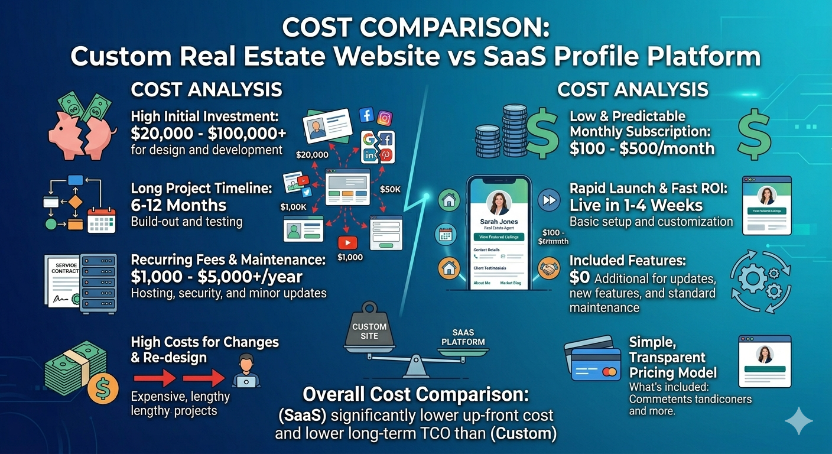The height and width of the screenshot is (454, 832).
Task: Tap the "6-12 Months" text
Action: click(178, 205)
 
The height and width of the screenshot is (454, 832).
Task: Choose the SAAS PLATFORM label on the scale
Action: click(463, 338)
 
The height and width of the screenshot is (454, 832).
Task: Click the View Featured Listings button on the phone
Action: click(499, 237)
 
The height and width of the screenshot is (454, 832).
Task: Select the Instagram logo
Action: click(385, 118)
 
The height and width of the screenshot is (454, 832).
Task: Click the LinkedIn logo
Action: click(370, 155)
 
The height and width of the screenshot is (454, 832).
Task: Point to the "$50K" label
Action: click(390, 189)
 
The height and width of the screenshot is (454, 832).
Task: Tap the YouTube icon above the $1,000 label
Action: click(346, 242)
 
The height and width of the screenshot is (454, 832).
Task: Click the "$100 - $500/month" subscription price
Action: click(642, 148)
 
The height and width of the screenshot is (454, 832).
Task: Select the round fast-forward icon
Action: click(550, 200)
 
